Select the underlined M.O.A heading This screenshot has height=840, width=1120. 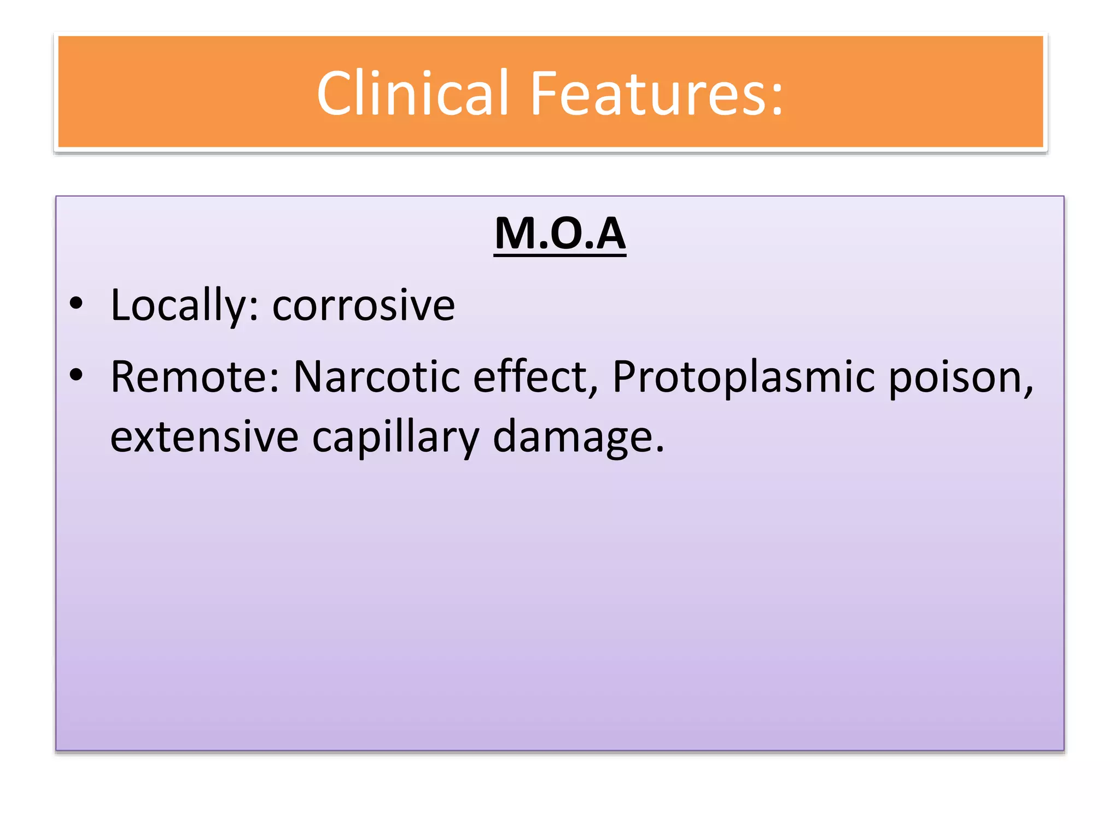click(x=559, y=234)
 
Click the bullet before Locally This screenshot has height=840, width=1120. click(x=76, y=304)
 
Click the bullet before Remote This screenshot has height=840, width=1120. click(x=76, y=375)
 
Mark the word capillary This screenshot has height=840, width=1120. click(x=395, y=437)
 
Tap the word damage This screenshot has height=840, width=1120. click(x=572, y=437)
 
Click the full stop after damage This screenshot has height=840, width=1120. click(x=660, y=450)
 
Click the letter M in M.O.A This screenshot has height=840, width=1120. click(x=515, y=234)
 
